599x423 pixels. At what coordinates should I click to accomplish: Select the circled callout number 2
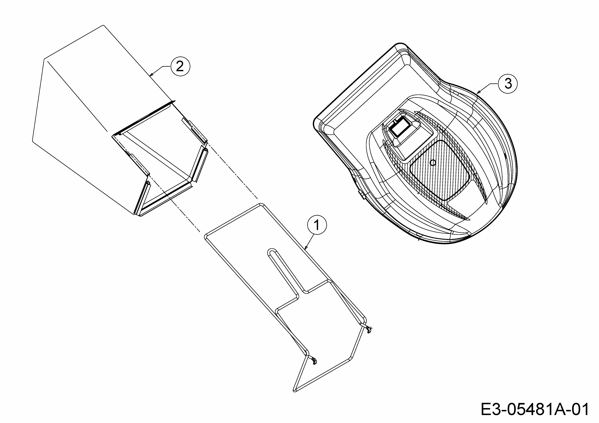pyautogui.click(x=180, y=67)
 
